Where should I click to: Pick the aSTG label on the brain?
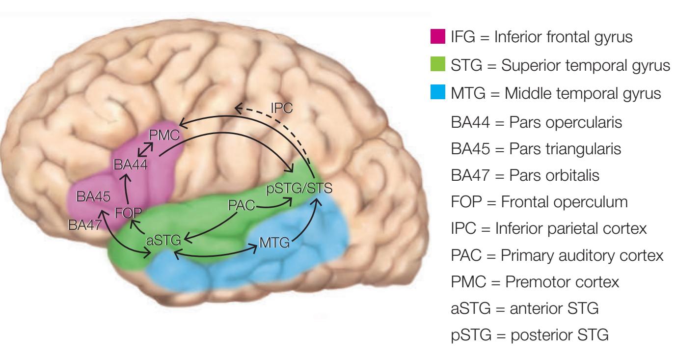[x=163, y=241]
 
